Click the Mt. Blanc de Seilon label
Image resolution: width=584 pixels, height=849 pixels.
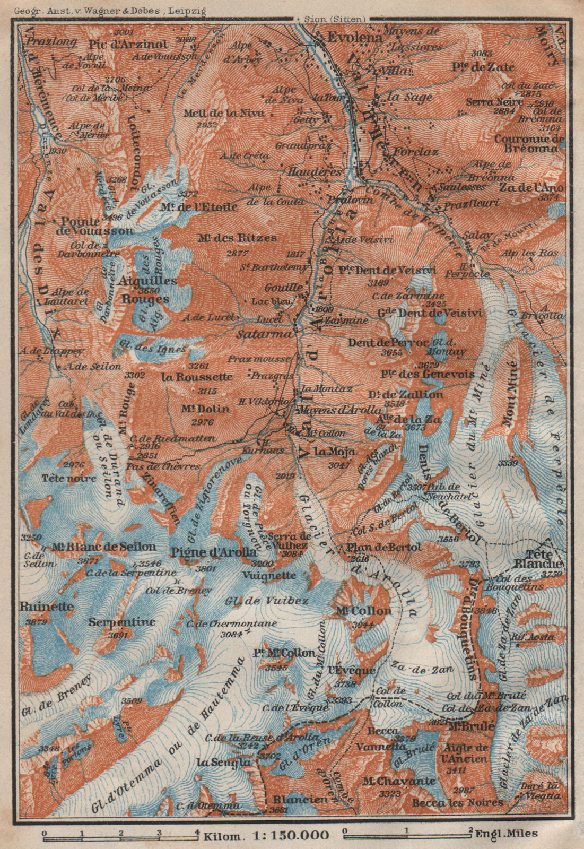[104, 547]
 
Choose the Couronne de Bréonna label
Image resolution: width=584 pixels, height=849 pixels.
[528, 144]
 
